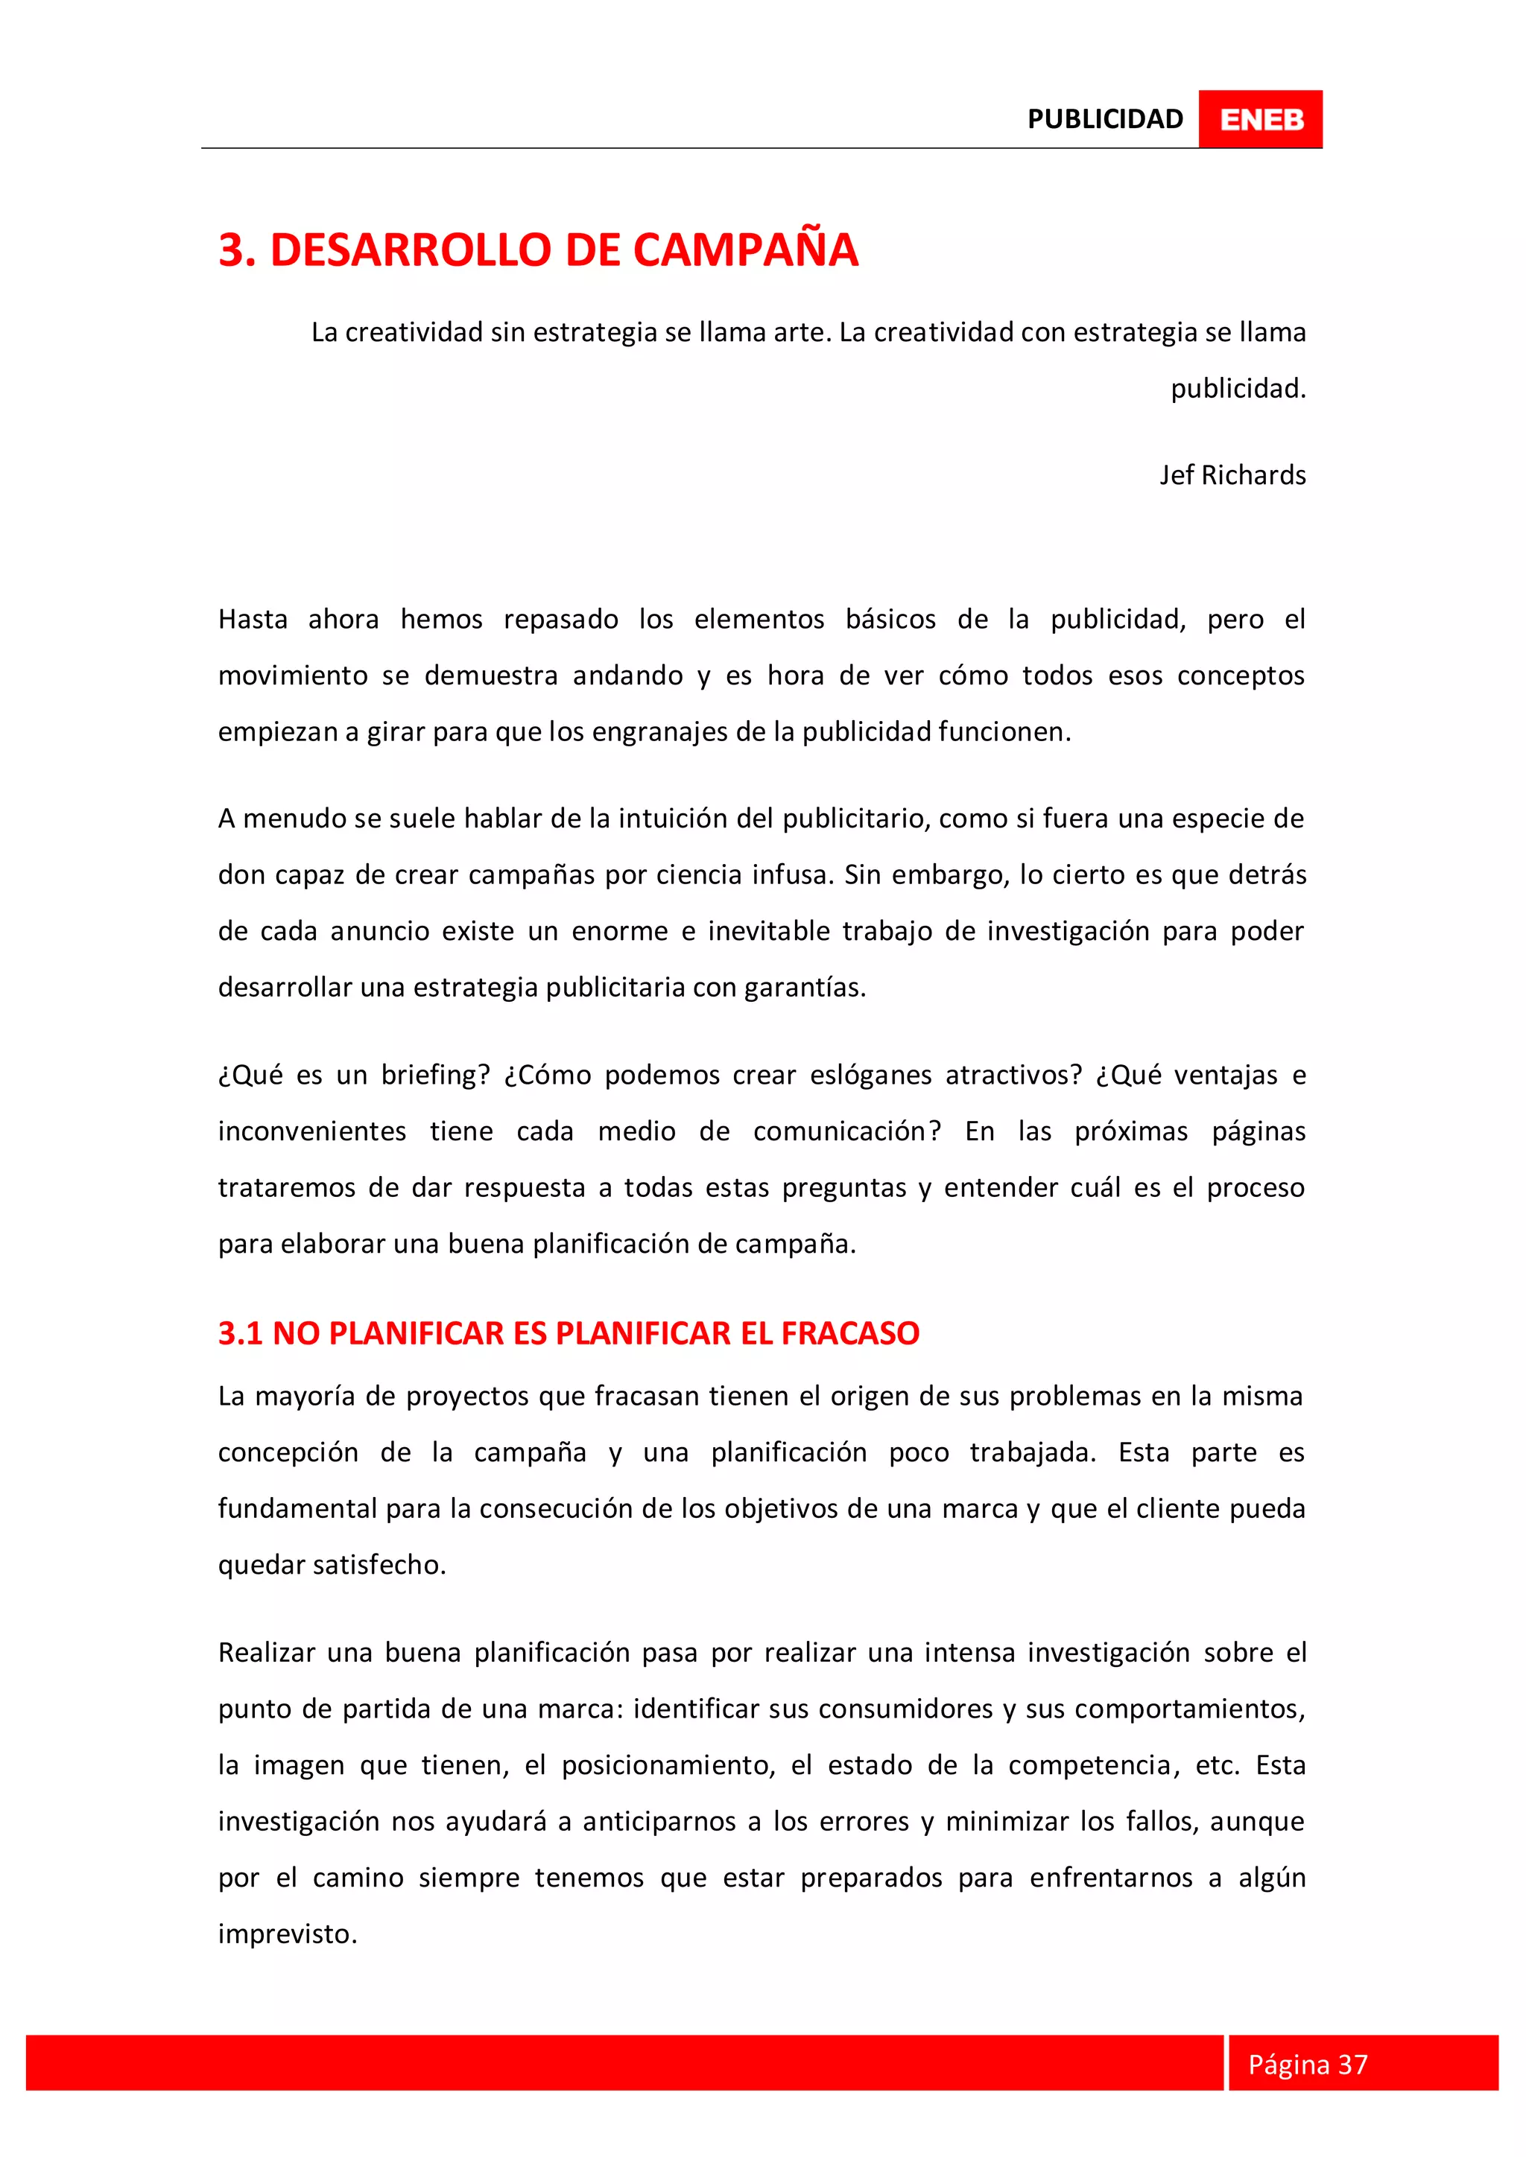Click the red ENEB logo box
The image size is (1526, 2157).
[x=1260, y=119]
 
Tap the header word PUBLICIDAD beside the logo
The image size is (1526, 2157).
[x=1105, y=119]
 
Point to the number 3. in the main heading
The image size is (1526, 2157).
[x=238, y=250]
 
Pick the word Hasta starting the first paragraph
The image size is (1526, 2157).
[x=253, y=619]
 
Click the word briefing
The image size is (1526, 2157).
[x=435, y=1075]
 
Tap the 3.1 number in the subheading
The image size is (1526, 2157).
[x=240, y=1333]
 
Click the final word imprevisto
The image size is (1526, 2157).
[x=287, y=1934]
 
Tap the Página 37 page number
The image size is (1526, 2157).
[x=1307, y=2064]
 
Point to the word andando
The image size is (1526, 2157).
[x=627, y=676]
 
